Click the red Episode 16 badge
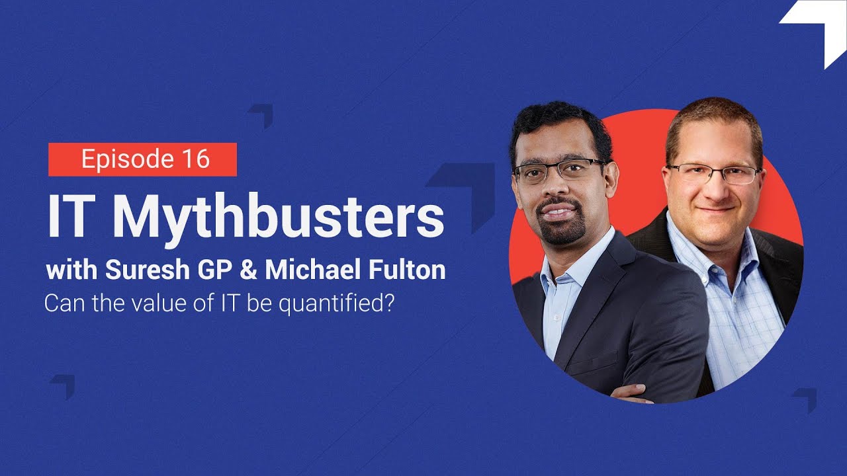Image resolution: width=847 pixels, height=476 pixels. [142, 159]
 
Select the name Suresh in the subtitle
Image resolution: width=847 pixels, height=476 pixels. [136, 271]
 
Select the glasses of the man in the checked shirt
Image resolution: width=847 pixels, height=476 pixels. [715, 174]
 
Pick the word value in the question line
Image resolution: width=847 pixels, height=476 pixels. [135, 305]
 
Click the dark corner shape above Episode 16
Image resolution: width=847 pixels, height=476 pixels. [262, 114]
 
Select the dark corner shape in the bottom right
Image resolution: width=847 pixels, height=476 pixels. [805, 399]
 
